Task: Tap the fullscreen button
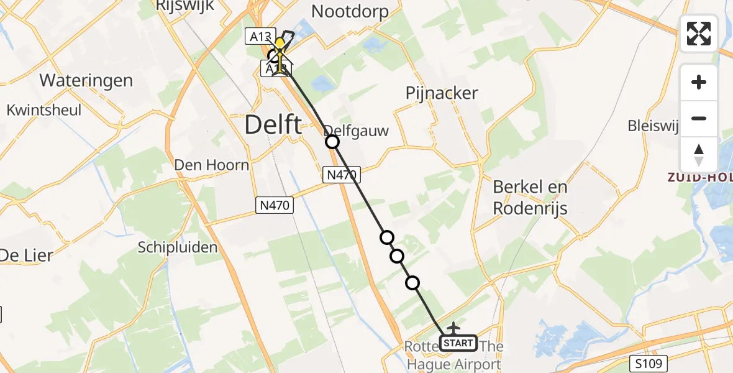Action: (699, 34)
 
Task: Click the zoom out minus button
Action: (699, 118)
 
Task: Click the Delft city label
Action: (273, 125)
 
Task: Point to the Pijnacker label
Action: (442, 93)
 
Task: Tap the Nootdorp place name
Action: (350, 11)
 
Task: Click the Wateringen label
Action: (86, 80)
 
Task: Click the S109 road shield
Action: (651, 362)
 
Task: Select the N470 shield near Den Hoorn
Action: (275, 205)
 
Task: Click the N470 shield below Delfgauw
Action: (342, 175)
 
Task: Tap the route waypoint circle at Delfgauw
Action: (332, 142)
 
